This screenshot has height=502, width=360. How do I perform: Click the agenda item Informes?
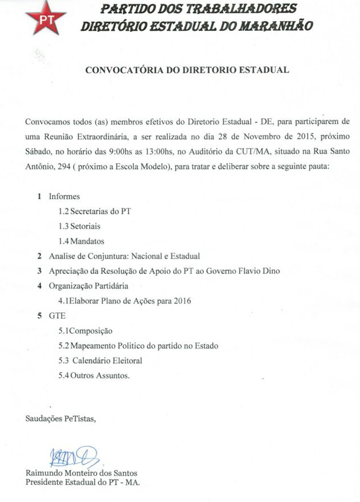[x=64, y=197]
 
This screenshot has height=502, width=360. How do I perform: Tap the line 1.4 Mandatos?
[x=81, y=241]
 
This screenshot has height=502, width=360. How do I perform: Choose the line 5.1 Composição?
[x=85, y=330]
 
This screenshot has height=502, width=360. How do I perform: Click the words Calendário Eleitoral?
[x=107, y=361]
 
